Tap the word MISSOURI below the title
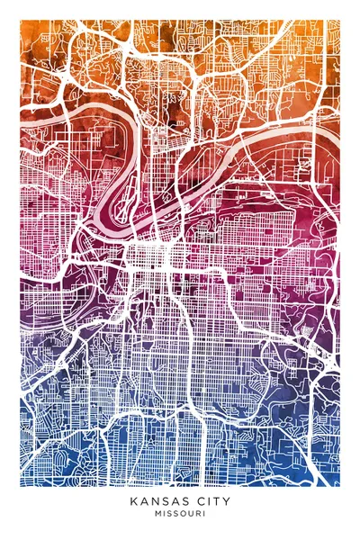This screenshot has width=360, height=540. point(180,515)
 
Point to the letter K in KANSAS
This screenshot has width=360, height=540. point(133,500)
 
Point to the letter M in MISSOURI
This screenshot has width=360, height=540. point(157,515)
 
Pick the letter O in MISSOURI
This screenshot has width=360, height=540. point(183,515)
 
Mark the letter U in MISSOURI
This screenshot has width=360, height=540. point(190,515)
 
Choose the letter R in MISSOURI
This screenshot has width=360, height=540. point(197,515)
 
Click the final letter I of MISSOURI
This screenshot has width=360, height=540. point(203,515)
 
